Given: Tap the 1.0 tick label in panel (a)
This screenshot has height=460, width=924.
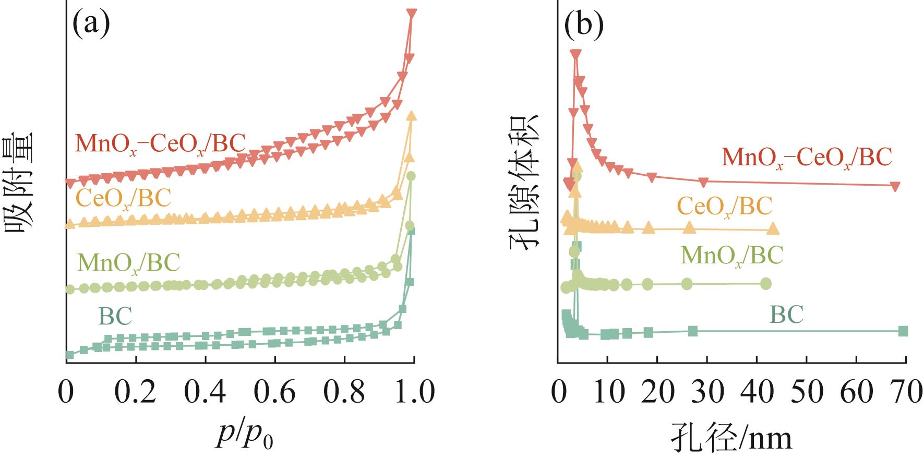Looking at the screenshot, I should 413,392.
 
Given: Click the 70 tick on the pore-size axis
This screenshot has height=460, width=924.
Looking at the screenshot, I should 905,392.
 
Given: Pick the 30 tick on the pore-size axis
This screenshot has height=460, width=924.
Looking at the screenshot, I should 707,392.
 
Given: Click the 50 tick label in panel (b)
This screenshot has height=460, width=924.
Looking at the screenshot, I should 806,392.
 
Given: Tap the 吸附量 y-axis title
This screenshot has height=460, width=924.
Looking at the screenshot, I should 19,185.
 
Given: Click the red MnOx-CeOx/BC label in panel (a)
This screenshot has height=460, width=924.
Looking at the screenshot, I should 160,144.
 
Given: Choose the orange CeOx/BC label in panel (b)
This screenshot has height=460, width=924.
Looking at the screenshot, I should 724,206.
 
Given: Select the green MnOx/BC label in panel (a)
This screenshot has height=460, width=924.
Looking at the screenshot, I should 128,262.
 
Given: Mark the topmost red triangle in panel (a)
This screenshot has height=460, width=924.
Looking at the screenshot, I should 412,14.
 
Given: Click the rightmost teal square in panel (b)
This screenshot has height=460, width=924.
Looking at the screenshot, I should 904,331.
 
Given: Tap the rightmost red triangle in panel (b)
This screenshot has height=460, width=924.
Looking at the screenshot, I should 895,186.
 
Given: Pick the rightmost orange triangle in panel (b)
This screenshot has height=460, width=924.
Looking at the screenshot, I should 773,229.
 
